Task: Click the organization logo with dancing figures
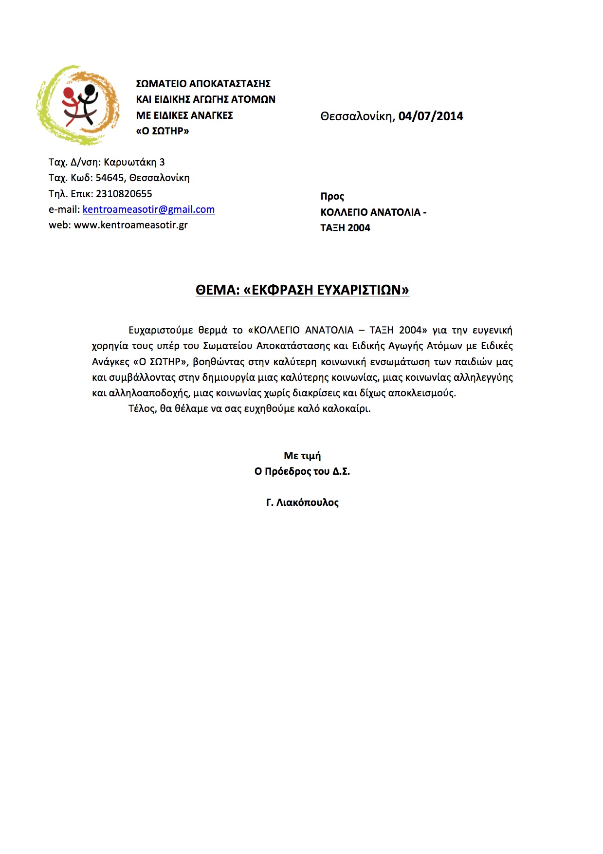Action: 78,105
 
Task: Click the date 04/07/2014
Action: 431,116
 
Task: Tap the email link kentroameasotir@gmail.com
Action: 148,209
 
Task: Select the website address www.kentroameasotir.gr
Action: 130,225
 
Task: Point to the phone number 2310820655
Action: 124,194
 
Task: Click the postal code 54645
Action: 110,178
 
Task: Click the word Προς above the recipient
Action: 332,197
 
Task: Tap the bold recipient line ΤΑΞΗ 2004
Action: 345,228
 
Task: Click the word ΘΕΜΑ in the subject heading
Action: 218,290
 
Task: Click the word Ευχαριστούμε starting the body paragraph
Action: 161,331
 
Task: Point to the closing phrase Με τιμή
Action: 302,456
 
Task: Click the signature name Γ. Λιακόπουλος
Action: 302,502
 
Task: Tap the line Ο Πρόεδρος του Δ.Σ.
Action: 302,471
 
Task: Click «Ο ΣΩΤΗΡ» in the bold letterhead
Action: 163,131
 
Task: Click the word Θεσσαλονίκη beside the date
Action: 357,116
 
